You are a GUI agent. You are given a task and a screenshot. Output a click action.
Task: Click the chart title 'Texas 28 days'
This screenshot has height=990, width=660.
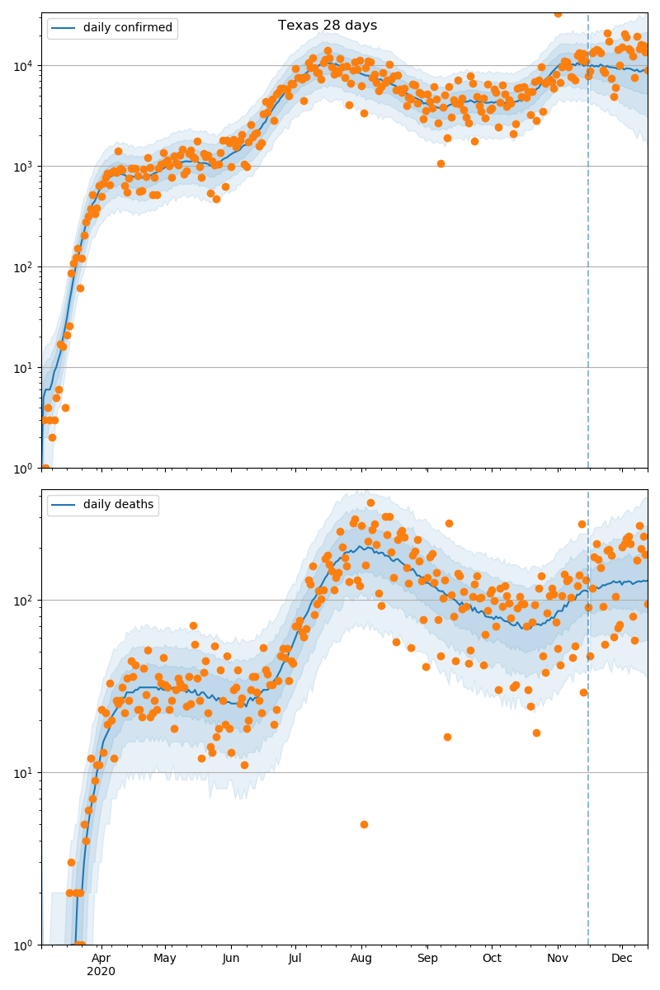(328, 26)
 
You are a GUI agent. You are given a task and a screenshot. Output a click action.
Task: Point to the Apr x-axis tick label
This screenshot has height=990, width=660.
(101, 958)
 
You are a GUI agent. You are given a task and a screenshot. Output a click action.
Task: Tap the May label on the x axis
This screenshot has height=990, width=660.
(165, 958)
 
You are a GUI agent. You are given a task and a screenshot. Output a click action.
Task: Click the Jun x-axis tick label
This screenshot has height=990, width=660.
(231, 958)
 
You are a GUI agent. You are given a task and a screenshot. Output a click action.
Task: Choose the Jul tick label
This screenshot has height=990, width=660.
(295, 958)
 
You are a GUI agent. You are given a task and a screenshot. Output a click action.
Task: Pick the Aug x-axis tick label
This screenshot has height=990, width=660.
(361, 958)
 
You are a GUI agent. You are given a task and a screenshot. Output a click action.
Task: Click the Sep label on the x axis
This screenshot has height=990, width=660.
(427, 958)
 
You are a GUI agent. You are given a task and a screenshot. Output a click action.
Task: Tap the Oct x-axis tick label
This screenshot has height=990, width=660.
(492, 958)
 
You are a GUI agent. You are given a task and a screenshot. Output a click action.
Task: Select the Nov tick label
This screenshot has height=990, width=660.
(558, 958)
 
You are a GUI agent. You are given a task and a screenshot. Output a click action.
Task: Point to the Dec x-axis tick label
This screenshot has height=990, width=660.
(622, 958)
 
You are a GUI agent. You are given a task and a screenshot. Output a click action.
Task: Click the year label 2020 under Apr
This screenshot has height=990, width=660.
(101, 971)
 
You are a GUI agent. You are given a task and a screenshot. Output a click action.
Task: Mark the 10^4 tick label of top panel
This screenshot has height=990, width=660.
(23, 65)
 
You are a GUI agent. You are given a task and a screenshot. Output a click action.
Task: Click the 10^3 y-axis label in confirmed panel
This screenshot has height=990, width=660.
(23, 166)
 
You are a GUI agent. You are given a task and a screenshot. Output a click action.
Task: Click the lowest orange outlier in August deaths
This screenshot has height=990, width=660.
(364, 824)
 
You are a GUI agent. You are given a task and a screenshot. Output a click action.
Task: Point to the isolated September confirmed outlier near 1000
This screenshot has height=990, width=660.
(441, 163)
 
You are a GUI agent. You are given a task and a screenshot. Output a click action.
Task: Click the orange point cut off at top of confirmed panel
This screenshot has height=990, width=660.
(558, 13)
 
